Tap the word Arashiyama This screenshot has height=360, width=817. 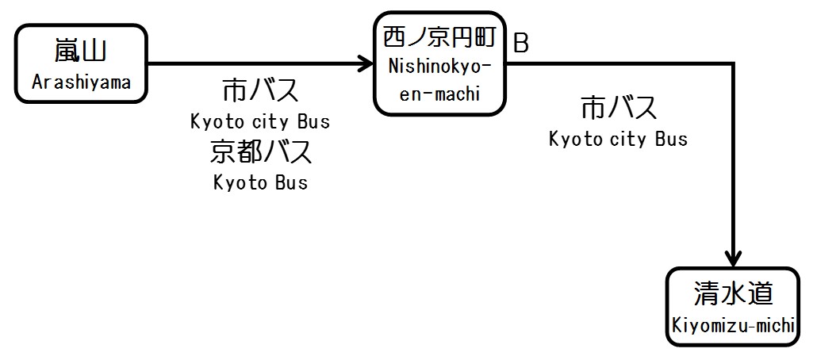pos(81,82)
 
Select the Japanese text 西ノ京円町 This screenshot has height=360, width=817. pos(440,36)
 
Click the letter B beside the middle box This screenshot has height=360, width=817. pos(521,44)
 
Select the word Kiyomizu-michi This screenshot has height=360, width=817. pos(733,325)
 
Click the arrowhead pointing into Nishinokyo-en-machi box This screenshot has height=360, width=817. pos(367,63)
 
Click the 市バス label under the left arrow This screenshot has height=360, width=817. pos(260,91)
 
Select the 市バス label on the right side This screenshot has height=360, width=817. pos(619,107)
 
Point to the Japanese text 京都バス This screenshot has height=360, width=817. pos(260,151)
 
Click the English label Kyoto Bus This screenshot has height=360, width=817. pos(260,182)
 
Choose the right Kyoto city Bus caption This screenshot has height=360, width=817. pos(619,139)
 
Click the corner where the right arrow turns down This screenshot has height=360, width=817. pos(734,63)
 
